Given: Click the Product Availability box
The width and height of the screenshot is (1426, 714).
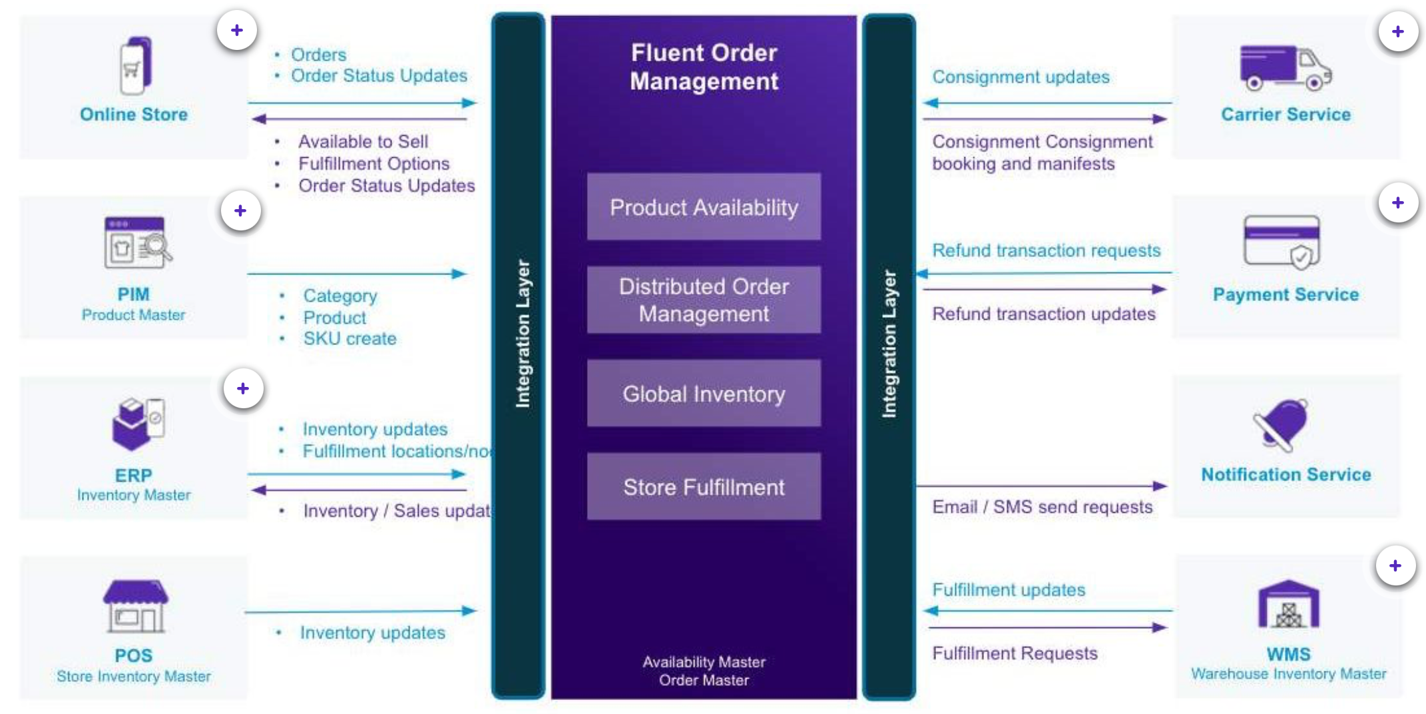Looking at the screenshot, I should tap(704, 206).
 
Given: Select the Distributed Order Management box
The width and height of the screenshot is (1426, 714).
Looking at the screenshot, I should tap(704, 300).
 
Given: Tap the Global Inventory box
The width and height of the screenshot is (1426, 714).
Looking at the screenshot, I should tap(704, 394).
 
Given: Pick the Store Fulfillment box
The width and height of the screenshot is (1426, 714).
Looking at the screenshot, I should tap(704, 487).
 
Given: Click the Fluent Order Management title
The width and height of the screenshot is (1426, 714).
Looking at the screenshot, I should tap(704, 67).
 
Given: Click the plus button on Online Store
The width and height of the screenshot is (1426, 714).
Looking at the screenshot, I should tap(237, 31).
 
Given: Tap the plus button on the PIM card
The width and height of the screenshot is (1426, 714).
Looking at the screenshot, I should tap(240, 211).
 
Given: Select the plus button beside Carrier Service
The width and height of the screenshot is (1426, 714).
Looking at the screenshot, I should tap(1397, 31).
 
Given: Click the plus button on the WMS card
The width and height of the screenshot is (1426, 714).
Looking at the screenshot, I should tap(1395, 566).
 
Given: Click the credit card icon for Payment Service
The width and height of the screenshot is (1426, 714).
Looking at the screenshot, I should tap(1282, 242).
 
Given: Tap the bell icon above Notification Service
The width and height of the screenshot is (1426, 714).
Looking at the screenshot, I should tap(1282, 424).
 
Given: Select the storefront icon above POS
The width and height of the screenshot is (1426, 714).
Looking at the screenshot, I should tap(135, 606).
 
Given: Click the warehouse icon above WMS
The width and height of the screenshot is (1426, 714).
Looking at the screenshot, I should tap(1288, 605).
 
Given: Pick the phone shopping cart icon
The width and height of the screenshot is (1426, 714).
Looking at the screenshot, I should tap(135, 65).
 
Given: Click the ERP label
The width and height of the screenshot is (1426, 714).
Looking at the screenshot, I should tap(133, 476).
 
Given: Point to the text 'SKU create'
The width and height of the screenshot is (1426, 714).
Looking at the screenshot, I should tap(350, 338).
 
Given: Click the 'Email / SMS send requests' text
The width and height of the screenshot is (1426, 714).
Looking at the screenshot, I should tap(1042, 507).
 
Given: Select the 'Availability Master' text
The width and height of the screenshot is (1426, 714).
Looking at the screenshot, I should tap(704, 662).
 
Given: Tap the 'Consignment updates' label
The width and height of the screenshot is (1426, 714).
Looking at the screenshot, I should tap(1021, 77).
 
